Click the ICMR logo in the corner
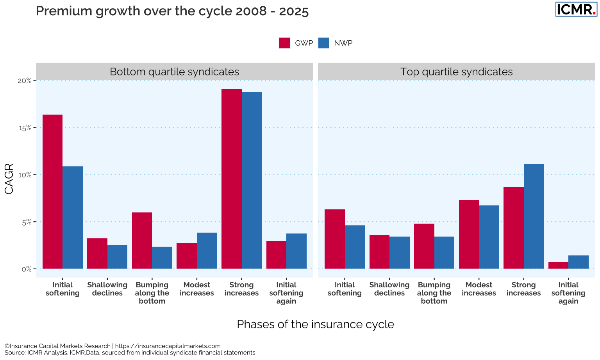pyautogui.click(x=576, y=9)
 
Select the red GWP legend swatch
pyautogui.click(x=284, y=43)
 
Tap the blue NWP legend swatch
pyautogui.click(x=323, y=43)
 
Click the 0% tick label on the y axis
pyautogui.click(x=27, y=269)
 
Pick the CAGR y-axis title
pyautogui.click(x=9, y=179)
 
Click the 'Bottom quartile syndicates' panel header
pyautogui.click(x=174, y=72)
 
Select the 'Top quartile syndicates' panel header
pyautogui.click(x=456, y=72)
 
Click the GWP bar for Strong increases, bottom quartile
pyautogui.click(x=231, y=179)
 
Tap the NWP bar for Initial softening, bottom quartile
pyautogui.click(x=73, y=217)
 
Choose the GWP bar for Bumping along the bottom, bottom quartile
pyautogui.click(x=142, y=240)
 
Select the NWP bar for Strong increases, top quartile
pyautogui.click(x=534, y=216)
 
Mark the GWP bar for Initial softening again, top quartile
pyautogui.click(x=558, y=265)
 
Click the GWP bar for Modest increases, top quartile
pyautogui.click(x=469, y=234)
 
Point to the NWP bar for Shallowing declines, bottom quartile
pyautogui.click(x=117, y=257)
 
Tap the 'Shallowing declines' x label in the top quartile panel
pyautogui.click(x=389, y=289)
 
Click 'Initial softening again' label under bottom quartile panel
pyautogui.click(x=286, y=293)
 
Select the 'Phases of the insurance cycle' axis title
pyautogui.click(x=316, y=324)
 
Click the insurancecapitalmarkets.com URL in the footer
pyautogui.click(x=168, y=346)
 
